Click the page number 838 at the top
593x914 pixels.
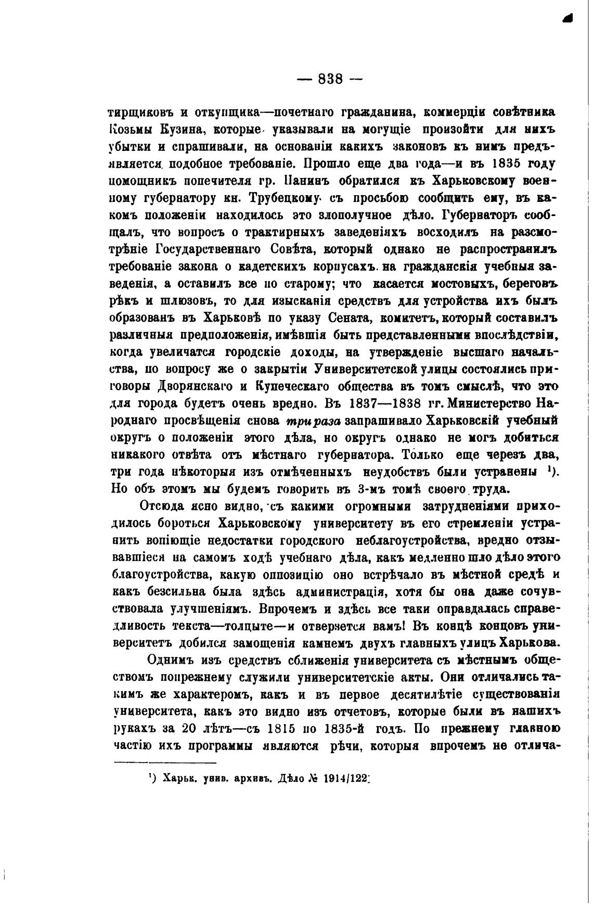(x=330, y=79)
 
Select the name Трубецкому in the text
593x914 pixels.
(x=281, y=198)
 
